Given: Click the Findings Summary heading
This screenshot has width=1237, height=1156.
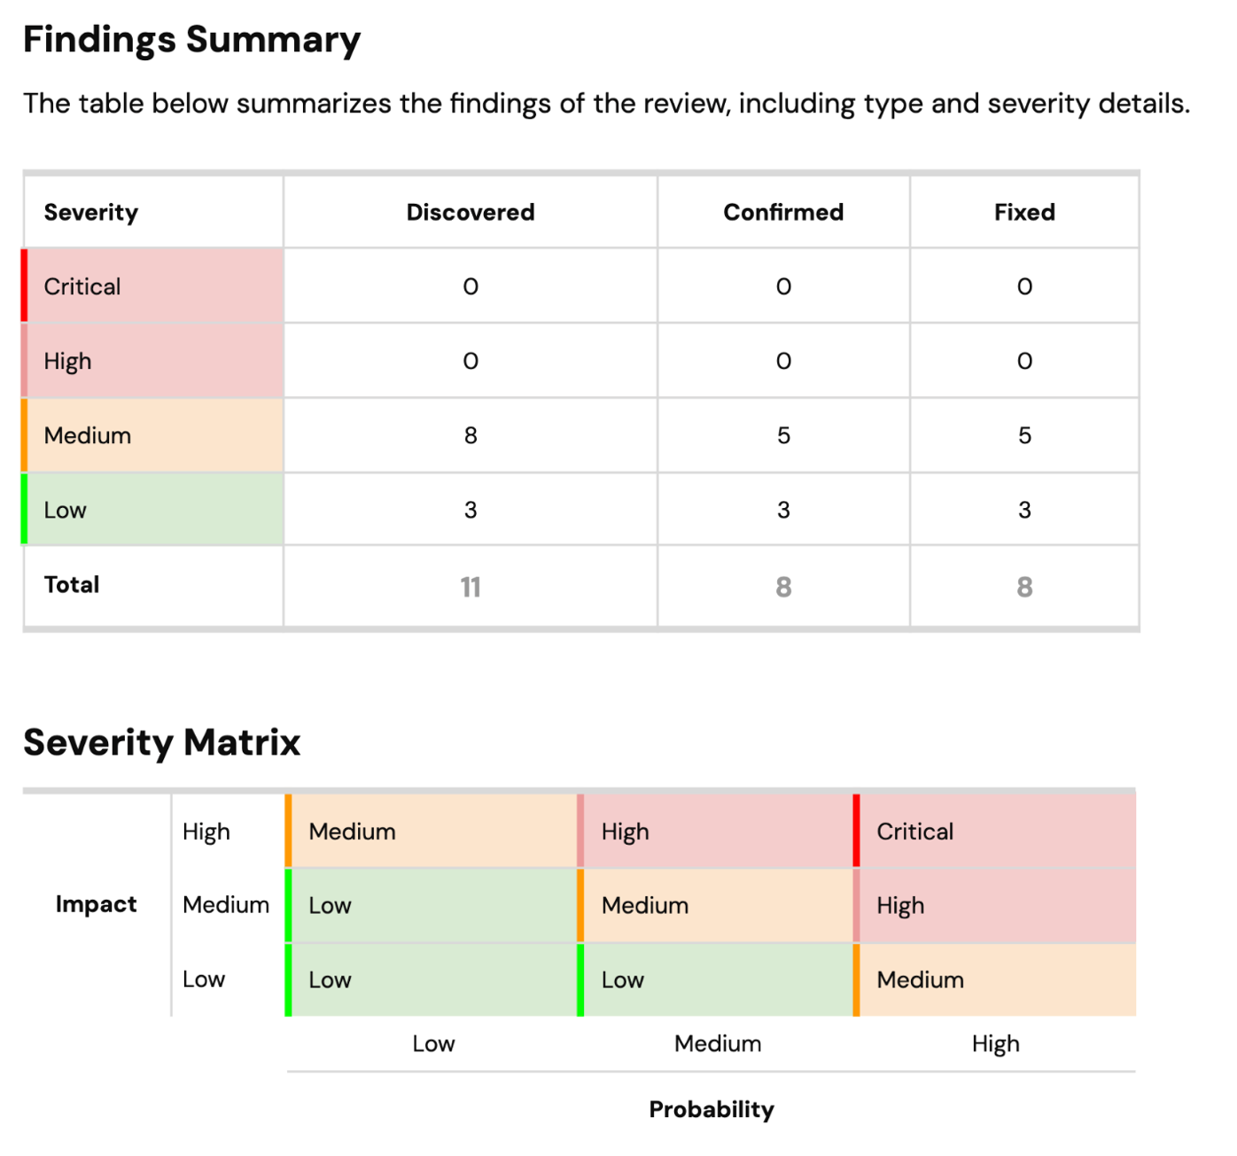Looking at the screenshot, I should tap(191, 40).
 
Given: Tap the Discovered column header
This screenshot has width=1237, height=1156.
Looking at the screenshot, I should tap(471, 212).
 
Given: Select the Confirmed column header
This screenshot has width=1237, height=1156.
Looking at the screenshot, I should tap(783, 212).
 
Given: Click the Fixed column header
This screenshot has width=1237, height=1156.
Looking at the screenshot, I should tap(1024, 212).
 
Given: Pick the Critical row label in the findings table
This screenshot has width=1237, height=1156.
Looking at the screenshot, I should tap(82, 286).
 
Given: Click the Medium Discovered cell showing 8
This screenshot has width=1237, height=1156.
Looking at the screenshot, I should tap(471, 435).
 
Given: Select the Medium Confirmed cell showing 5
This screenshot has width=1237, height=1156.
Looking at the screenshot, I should tap(783, 435).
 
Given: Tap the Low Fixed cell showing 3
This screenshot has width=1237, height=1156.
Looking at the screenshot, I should tap(1024, 510).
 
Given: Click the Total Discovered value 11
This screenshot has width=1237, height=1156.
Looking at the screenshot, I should tap(471, 587).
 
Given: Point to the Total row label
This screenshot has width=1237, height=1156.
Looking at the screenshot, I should tap(72, 585).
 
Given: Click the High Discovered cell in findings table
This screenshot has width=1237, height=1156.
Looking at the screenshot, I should tap(471, 361).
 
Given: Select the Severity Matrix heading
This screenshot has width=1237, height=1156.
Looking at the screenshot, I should tap(161, 743).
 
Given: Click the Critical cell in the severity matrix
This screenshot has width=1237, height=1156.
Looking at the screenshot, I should tap(915, 832).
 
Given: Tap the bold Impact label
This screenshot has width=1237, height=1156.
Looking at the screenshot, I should tap(96, 904).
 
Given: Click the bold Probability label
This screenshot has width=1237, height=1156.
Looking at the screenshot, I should tap(712, 1109).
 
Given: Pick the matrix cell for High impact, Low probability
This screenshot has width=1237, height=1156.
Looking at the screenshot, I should tap(353, 832).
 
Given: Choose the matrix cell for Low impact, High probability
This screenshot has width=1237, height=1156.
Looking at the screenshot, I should tap(921, 980).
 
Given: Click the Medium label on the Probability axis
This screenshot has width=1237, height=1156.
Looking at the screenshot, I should tap(718, 1043).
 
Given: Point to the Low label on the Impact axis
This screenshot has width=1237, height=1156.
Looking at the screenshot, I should tap(204, 980).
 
